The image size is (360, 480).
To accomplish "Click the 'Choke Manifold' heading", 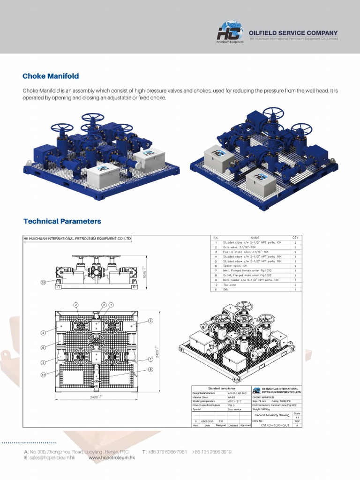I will click(x=51, y=76).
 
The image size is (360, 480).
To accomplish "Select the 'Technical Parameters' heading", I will click(x=62, y=221).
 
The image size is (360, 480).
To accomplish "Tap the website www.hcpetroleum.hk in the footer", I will click(x=112, y=457).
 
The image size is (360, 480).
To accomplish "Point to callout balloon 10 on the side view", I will click(x=43, y=283).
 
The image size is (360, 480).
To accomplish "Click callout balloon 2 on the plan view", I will click(x=75, y=305).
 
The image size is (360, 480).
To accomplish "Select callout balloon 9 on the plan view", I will click(x=151, y=369).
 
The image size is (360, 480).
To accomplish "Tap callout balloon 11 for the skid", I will click(x=43, y=375).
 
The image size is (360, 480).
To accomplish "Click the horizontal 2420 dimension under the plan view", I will click(x=96, y=397).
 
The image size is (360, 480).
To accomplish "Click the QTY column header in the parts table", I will click(x=295, y=238).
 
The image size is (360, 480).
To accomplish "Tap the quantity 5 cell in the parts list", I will click(x=295, y=247).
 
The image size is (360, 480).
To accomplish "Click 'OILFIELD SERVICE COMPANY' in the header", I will click(x=293, y=33).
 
